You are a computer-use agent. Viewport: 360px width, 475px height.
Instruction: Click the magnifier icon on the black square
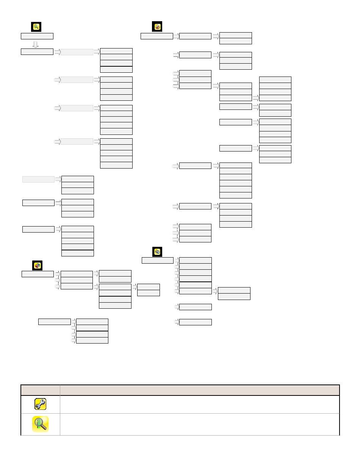36,27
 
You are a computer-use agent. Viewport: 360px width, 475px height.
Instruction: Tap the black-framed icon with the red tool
157,27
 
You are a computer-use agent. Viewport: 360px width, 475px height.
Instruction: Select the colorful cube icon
37,265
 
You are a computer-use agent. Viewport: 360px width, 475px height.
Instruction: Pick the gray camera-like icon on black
157,252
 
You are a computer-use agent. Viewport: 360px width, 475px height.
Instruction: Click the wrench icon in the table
40,404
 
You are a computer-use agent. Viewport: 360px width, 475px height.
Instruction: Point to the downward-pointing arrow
36,44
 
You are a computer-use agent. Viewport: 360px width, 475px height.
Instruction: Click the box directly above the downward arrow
37,36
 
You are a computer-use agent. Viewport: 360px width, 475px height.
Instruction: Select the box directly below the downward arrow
37,52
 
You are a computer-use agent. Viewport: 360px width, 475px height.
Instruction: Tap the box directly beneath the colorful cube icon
38,274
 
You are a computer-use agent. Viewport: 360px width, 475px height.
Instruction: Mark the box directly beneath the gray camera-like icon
158,260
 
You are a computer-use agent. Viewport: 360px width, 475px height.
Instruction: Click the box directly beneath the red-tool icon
157,36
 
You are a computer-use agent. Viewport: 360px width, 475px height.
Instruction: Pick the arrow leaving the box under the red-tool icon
176,36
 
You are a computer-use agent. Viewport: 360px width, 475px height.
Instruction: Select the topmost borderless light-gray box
77,52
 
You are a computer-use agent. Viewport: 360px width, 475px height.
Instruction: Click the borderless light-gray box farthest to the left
38,179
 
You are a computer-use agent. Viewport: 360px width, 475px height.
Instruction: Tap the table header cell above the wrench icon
40,390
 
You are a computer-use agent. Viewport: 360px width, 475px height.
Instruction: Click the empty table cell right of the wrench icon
199,404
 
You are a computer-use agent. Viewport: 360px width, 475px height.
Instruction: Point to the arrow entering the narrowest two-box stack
134,287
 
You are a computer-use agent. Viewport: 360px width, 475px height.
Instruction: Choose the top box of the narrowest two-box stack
148,287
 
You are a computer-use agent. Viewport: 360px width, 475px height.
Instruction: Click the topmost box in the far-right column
275,80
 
